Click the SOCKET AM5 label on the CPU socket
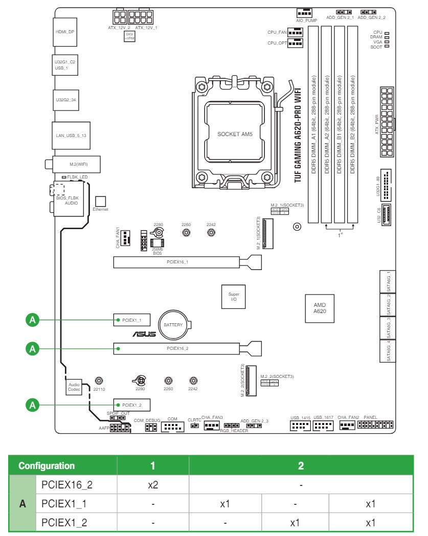coord(235,134)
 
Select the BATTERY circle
coord(173,325)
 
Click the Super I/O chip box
coord(233,297)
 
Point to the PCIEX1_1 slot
coord(131,320)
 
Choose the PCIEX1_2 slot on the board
coord(131,405)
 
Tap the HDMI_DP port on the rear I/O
coord(64,31)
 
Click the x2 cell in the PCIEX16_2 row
coord(152,484)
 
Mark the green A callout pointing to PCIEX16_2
coord(33,348)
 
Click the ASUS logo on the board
coord(144,336)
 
